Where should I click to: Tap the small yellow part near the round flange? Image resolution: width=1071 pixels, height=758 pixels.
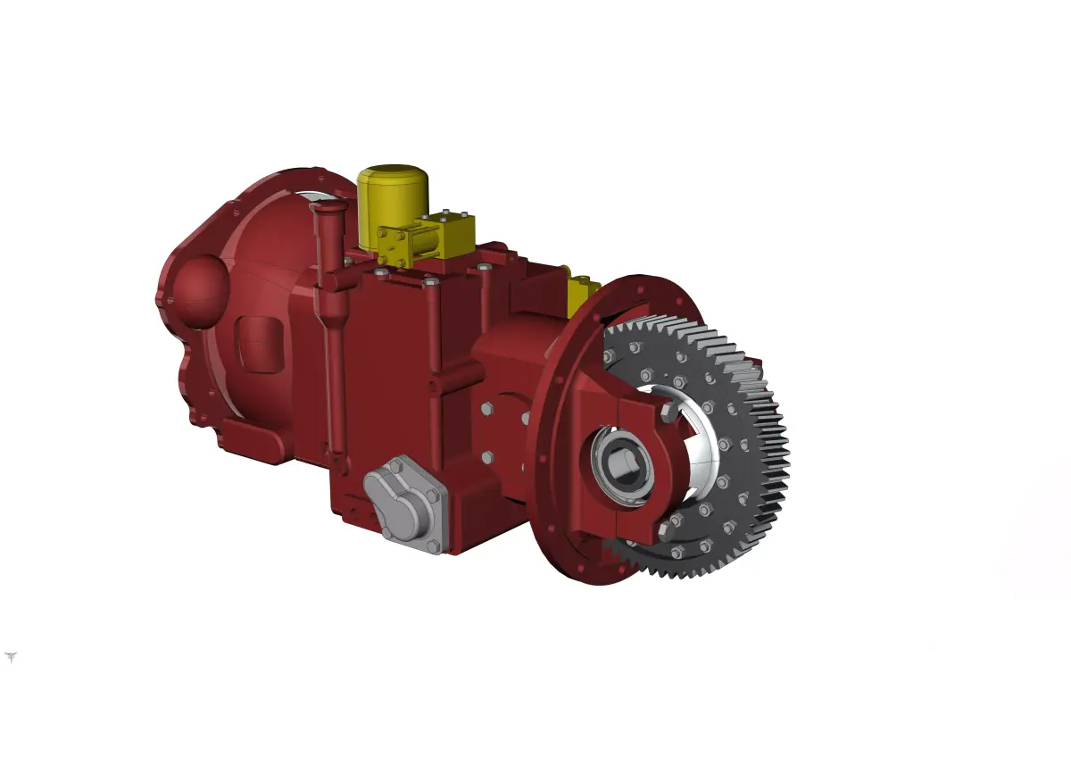point(583,291)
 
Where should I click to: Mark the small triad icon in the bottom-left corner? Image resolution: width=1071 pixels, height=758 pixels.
point(11,657)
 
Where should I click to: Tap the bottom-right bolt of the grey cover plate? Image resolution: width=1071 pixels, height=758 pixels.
point(433,545)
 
